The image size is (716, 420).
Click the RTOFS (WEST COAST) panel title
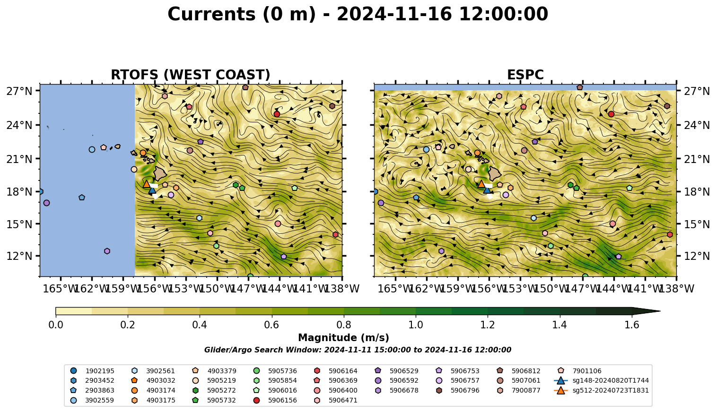click(191, 75)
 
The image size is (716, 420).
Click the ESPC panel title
click(525, 75)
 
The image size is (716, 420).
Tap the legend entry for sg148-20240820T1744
click(601, 380)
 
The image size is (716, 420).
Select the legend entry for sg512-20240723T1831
click(601, 390)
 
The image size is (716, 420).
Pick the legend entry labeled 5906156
click(276, 400)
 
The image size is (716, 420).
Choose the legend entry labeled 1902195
click(92, 371)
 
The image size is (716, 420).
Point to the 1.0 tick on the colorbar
click(416, 325)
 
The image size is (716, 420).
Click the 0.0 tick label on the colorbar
click(56, 325)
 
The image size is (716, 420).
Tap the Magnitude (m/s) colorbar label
click(344, 338)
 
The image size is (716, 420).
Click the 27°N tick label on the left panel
click(19, 91)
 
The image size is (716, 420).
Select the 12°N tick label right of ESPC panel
click(697, 256)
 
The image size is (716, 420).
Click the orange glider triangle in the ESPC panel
click(481, 184)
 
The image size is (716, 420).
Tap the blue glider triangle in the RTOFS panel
click(152, 190)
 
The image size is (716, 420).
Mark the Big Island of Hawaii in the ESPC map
click(495, 174)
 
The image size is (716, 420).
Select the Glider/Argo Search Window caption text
click(358, 350)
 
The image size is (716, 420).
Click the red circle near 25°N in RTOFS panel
click(277, 114)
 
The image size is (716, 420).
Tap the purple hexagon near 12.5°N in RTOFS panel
click(107, 251)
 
